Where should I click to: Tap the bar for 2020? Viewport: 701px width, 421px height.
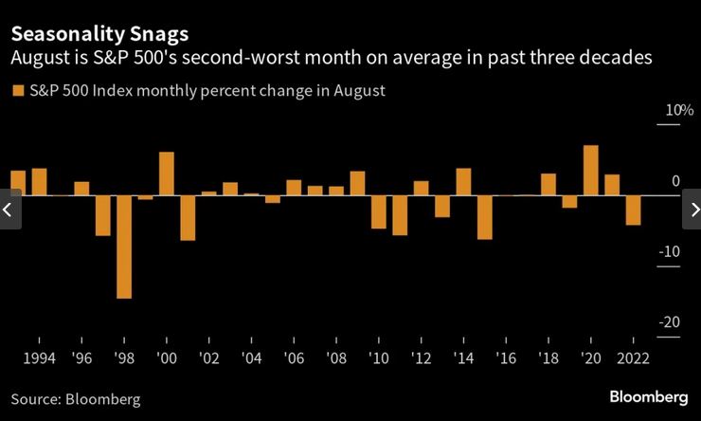(591, 171)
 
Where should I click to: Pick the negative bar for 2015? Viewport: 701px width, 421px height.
(485, 217)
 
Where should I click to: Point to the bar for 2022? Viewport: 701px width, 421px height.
(633, 210)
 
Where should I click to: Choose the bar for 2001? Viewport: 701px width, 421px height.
(188, 217)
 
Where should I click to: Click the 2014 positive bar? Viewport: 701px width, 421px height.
(463, 182)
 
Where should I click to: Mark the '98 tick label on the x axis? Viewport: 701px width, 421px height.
(124, 358)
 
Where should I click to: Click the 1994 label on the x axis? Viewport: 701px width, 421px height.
(39, 358)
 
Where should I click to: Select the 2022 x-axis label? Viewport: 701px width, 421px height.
(633, 358)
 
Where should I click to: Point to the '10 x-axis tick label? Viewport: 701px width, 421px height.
(379, 358)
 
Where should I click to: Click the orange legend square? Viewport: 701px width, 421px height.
(16, 91)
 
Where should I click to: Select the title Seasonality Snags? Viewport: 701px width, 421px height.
(99, 34)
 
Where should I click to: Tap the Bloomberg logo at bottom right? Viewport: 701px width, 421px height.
(648, 396)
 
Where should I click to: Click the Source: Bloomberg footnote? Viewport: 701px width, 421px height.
(76, 399)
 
